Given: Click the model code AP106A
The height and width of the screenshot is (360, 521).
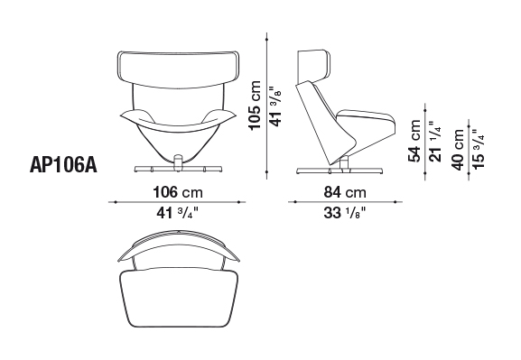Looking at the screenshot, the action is (63, 165).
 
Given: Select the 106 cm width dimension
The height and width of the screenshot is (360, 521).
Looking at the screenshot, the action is (178, 192).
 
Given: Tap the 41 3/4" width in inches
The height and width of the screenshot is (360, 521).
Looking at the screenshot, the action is (177, 213).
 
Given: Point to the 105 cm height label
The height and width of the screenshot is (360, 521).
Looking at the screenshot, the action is (256, 106).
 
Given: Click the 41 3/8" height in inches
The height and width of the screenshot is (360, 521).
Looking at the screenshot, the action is (275, 106).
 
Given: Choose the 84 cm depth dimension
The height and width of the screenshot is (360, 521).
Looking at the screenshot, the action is (345, 192).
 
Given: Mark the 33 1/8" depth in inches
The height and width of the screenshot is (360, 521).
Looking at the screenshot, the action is (345, 213).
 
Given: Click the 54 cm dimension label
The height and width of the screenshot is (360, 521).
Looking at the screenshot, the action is (415, 141).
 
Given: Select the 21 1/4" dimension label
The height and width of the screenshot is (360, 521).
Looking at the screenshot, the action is (435, 141).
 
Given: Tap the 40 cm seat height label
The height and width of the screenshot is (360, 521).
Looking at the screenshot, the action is (458, 150).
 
